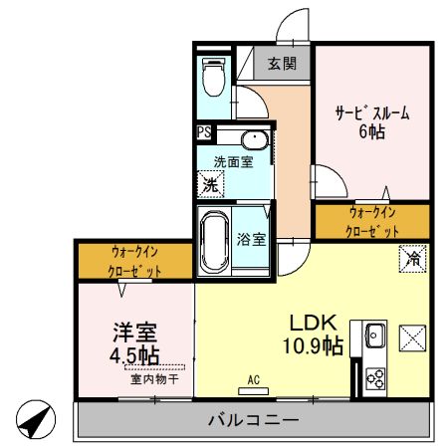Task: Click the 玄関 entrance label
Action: (x=282, y=64)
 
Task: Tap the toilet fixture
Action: (x=211, y=75)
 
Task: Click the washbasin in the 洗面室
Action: (x=253, y=139)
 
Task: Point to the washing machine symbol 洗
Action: (x=210, y=184)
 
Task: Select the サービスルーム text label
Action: (x=372, y=112)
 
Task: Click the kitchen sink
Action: (x=375, y=336)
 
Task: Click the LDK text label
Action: (x=315, y=324)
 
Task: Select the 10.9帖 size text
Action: (x=315, y=345)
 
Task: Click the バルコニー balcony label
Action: (x=253, y=421)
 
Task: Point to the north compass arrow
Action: (x=36, y=418)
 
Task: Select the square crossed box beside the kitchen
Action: (x=411, y=337)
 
